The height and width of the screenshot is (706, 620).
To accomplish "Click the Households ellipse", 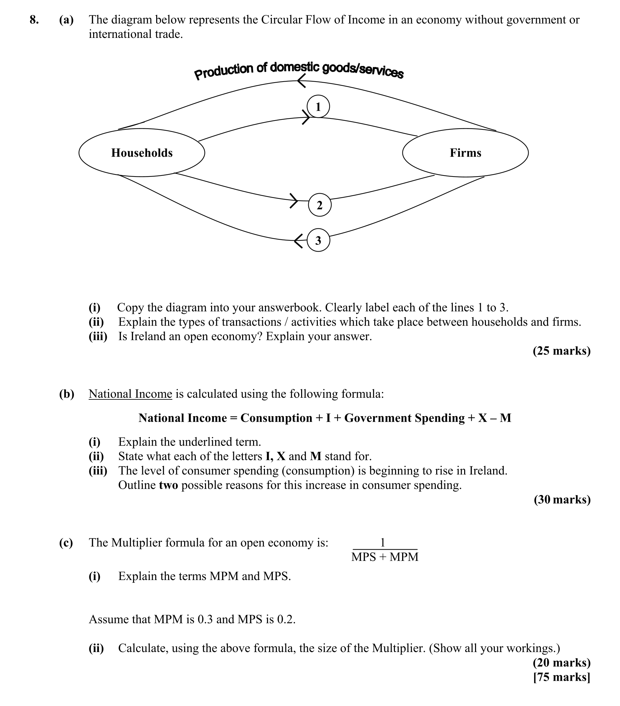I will (142, 153).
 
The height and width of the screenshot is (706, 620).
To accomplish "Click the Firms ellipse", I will (465, 153).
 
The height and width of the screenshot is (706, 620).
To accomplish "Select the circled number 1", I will (318, 107).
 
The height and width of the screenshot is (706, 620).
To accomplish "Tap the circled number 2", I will (320, 205).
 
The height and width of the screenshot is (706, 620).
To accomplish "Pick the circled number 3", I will (318, 240).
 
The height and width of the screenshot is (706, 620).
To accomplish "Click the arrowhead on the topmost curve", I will (301, 81).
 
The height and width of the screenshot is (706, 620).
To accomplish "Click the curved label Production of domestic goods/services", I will (298, 70).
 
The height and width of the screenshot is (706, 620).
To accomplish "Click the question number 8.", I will (34, 20).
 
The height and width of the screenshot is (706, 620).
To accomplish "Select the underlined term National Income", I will (130, 394).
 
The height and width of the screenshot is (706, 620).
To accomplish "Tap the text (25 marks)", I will (561, 351).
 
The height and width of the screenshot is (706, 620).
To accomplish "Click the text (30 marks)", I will (562, 499).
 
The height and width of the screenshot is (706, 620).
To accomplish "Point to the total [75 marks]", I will (561, 677).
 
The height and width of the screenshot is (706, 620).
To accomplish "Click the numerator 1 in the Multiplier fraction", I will (382, 542).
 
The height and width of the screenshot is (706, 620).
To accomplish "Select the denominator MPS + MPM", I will (385, 557).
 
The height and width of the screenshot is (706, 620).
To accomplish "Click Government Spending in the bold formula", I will (404, 418).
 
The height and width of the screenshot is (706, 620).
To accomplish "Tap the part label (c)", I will (66, 542).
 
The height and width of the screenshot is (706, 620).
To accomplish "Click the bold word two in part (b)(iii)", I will (168, 485).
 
